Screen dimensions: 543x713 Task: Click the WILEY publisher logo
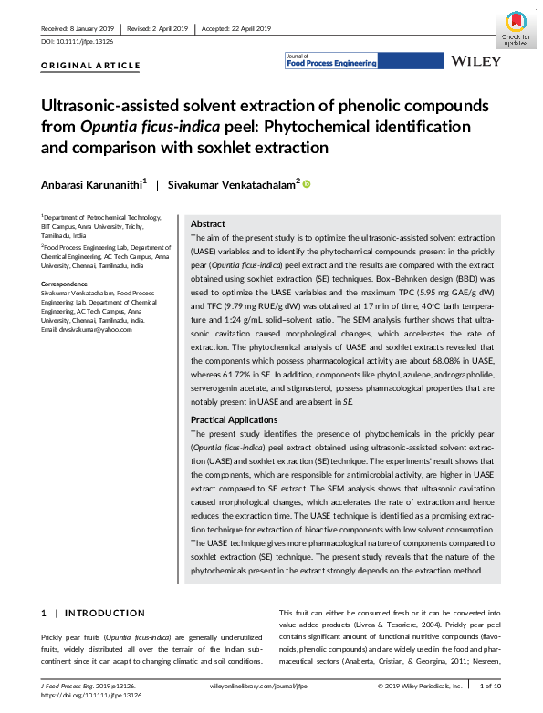point(476,61)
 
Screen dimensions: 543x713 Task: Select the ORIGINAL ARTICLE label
point(91,66)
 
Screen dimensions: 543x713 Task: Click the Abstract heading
point(207,223)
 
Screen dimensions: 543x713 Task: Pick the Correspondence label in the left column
point(65,284)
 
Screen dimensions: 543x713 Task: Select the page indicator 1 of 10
point(490,685)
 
